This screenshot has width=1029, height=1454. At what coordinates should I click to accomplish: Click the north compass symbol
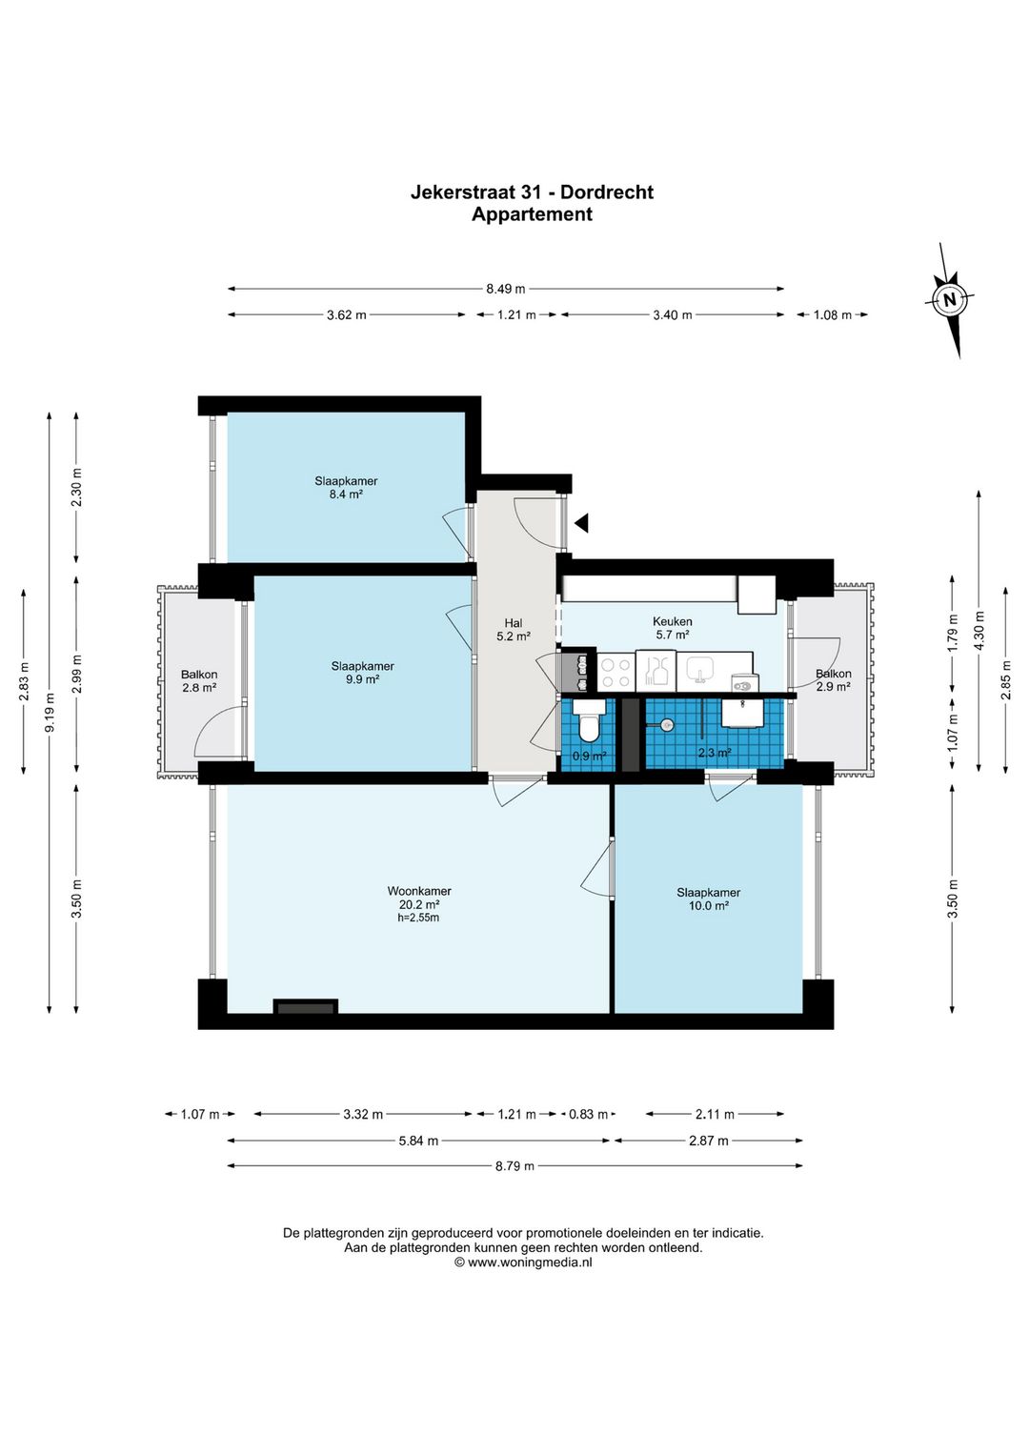coord(951,300)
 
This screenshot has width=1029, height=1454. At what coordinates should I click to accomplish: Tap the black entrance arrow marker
coord(582,522)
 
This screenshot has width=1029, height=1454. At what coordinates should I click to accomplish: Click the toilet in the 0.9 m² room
coord(591,720)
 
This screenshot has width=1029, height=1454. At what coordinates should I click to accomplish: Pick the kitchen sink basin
coord(698,668)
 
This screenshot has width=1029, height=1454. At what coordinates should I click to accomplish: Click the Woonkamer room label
coord(419,891)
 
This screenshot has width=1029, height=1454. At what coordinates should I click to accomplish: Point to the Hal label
coord(514,623)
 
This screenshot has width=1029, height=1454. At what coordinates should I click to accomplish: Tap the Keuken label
coord(673,622)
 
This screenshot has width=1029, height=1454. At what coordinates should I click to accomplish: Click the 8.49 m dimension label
coord(506,289)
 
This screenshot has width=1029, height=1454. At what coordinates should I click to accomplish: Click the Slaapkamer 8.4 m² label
coord(346,488)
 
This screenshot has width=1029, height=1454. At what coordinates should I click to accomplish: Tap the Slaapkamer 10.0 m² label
coord(708,899)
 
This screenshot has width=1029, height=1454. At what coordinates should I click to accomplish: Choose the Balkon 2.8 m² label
coord(199,681)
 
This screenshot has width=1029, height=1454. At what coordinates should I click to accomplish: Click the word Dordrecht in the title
coord(607,192)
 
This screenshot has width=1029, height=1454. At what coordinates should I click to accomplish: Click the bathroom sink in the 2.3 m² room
coord(743,713)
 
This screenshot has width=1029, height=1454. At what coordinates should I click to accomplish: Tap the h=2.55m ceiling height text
coord(418,918)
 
